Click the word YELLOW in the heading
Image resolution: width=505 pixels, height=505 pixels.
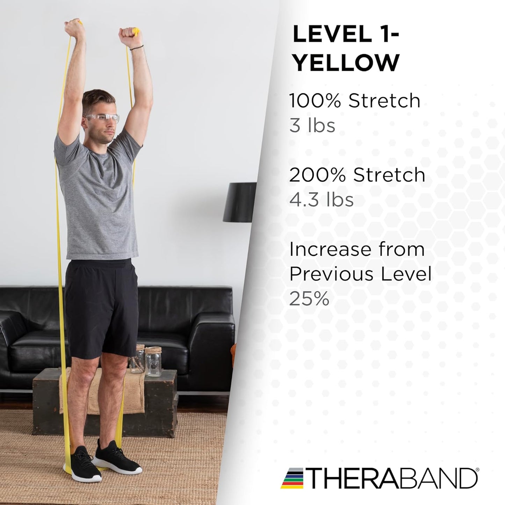click(x=346, y=63)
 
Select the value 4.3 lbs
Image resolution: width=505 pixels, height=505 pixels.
click(x=321, y=200)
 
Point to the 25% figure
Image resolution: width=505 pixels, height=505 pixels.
click(x=309, y=298)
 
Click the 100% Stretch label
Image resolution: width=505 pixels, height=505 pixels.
click(x=354, y=101)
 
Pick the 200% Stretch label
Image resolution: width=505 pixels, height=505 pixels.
click(x=357, y=175)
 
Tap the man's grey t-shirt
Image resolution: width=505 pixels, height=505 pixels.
click(x=98, y=196)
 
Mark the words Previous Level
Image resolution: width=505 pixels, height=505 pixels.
click(x=360, y=274)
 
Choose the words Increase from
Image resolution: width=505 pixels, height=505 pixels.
click(x=357, y=250)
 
